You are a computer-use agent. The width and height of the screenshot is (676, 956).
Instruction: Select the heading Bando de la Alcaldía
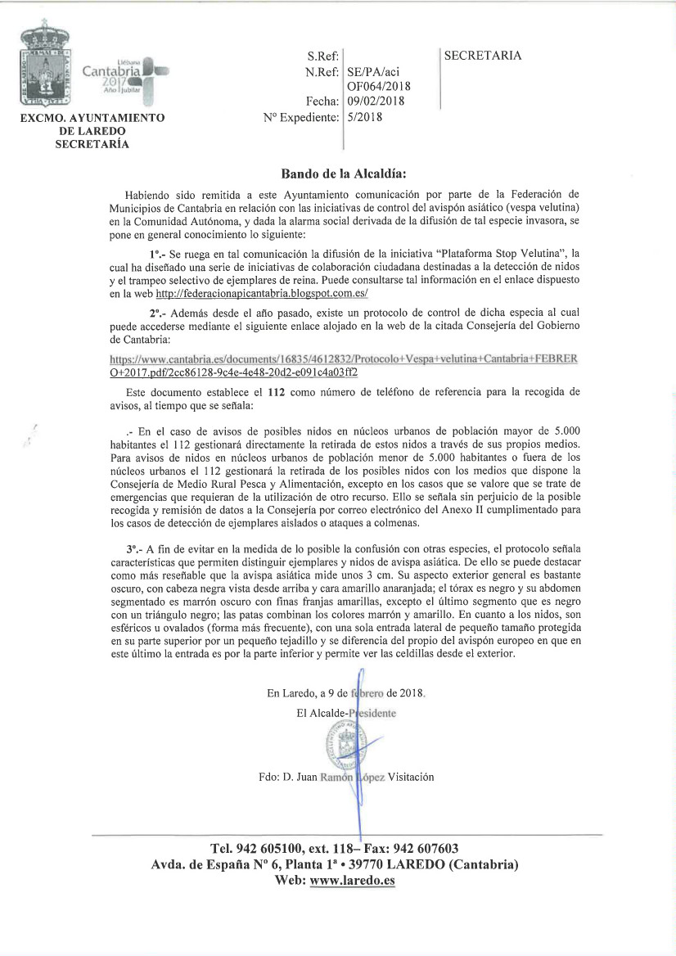tap(344, 174)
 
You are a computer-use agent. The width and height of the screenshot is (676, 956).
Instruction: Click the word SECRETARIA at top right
tap(482, 56)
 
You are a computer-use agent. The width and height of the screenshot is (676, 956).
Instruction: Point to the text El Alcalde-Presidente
tap(346, 713)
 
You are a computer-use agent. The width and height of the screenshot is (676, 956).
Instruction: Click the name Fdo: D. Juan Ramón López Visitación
tap(345, 777)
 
